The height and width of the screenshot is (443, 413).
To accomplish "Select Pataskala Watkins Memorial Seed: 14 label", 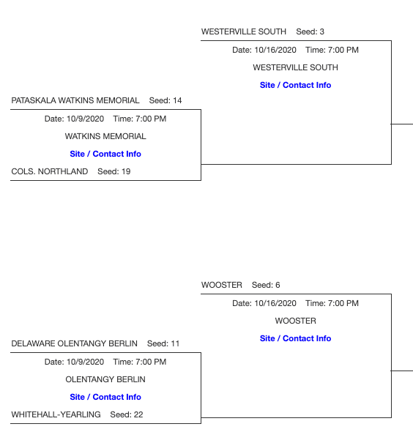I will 97,100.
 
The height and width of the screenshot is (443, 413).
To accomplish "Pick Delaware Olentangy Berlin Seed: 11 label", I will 95,343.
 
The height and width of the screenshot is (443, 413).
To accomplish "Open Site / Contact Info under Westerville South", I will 295,85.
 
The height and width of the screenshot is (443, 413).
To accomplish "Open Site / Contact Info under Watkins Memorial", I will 105,154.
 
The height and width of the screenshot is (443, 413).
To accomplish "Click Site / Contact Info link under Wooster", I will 295,338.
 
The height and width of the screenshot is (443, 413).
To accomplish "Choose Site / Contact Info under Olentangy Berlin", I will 105,397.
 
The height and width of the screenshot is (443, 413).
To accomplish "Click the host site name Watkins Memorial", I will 105,136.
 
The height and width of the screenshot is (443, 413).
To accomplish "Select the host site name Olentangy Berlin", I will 105,379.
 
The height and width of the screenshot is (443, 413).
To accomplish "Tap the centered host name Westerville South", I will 295,67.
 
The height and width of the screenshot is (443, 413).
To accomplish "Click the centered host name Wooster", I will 295,321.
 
